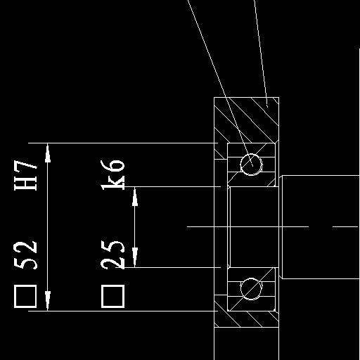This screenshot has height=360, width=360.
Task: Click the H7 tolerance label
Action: coord(25,175)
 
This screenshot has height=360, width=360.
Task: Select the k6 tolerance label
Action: coord(112,175)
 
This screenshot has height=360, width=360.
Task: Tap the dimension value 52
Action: coord(25,255)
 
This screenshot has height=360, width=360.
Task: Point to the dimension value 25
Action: coord(112,255)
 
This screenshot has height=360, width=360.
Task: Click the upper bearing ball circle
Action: coord(251,154)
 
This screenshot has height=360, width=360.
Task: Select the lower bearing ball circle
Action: coord(251,278)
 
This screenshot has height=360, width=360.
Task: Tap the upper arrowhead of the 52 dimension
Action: coord(48,153)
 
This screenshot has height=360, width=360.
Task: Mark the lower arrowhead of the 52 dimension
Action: coord(48,301)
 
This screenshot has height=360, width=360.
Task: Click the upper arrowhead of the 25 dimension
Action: coord(135,196)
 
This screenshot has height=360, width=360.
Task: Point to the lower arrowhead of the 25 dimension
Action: coord(135,257)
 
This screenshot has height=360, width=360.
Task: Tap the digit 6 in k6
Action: coord(112,166)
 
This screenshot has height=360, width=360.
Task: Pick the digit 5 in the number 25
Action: coord(112,247)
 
